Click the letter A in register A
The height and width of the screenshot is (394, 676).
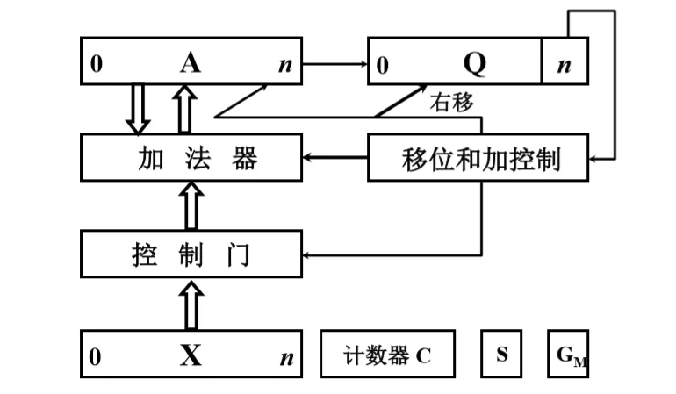click(191, 62)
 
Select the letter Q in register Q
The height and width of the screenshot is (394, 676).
click(474, 62)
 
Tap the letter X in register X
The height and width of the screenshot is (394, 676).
click(191, 355)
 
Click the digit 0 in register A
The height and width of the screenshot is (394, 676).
click(96, 64)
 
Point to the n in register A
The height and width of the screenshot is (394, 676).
click(285, 64)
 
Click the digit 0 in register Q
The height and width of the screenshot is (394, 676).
click(383, 65)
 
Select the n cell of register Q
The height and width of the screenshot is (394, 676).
click(565, 63)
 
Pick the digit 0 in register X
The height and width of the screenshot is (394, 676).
click(96, 356)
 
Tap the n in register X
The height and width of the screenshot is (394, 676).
click(285, 357)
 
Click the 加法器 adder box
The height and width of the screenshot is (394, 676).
click(191, 159)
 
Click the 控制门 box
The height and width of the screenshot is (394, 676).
click(191, 255)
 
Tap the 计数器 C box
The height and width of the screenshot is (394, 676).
click(388, 355)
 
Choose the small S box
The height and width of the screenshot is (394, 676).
click(501, 355)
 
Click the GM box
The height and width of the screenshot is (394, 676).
click(568, 355)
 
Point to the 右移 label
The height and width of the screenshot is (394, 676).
click(451, 103)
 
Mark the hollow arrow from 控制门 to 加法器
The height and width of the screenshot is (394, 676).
click(191, 205)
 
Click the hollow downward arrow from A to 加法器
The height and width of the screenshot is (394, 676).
click(138, 110)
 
